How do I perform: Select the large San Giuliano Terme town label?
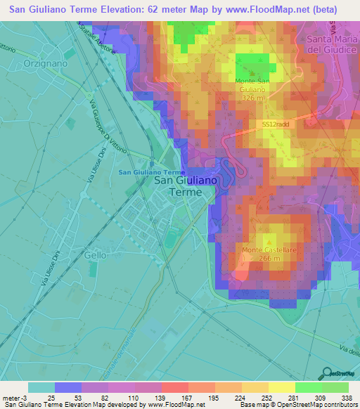(186, 186)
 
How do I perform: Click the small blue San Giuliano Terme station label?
(152, 172)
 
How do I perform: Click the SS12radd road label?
(271, 123)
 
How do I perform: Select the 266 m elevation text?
(266, 259)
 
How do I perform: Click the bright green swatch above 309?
(308, 387)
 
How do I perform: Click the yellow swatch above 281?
(281, 387)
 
